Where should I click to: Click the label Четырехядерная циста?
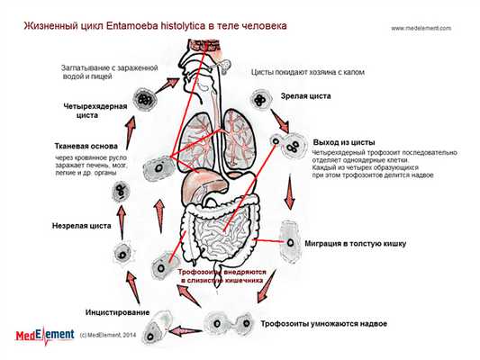coord(94,111)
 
